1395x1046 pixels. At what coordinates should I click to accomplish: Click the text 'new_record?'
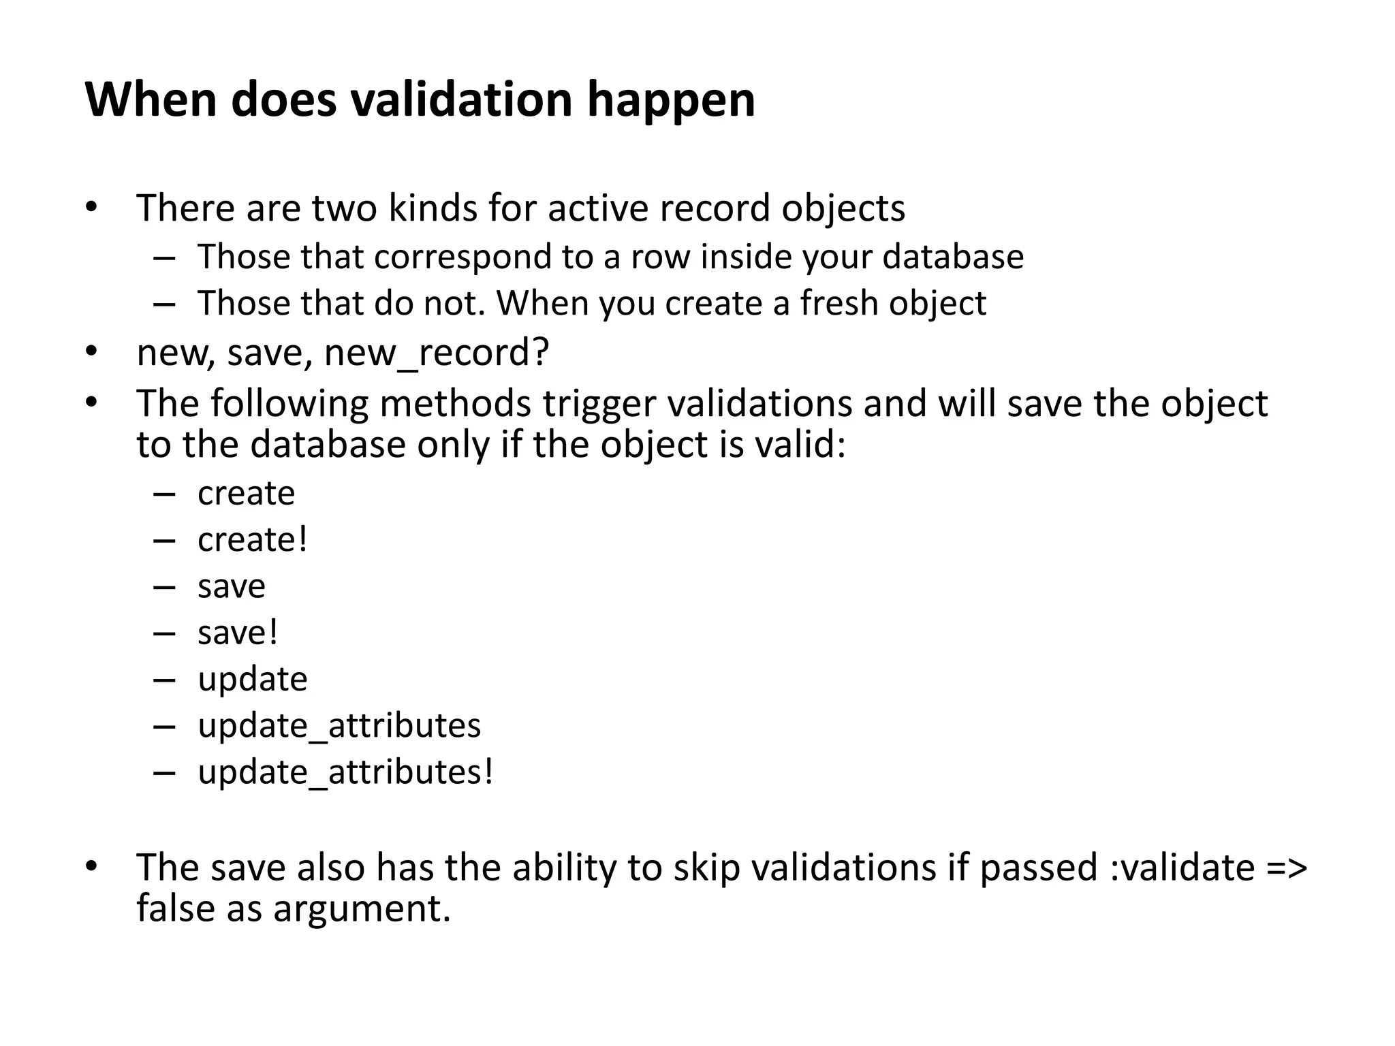437,353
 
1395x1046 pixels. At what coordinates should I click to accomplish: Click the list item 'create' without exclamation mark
246,493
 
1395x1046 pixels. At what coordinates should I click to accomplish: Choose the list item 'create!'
252,539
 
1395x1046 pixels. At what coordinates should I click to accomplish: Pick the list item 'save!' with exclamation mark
238,633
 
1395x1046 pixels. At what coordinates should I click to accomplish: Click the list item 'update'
252,680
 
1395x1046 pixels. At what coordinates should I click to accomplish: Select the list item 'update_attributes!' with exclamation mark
345,772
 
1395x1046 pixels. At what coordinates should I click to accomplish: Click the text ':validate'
1182,868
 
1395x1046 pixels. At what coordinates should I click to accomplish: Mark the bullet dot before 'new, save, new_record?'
92,352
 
